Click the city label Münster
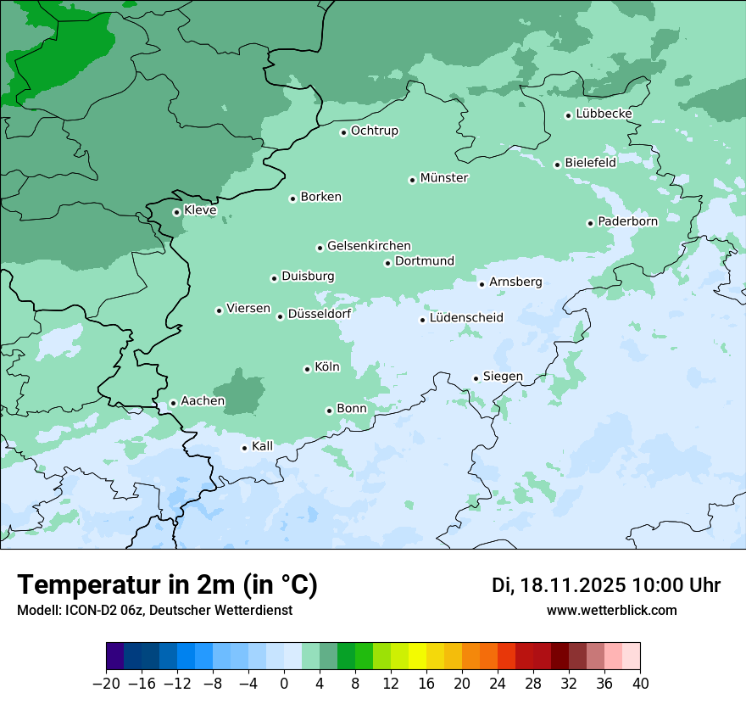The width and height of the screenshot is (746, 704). (444, 178)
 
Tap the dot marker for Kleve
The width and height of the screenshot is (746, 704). (176, 212)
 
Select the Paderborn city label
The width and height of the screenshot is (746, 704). (627, 221)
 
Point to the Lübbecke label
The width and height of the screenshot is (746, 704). (604, 114)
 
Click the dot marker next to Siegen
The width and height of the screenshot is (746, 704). (476, 378)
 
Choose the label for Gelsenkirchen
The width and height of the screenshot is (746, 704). (369, 246)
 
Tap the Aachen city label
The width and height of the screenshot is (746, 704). (203, 401)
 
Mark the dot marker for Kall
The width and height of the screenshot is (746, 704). (244, 448)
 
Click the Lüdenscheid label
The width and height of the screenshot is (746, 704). (466, 318)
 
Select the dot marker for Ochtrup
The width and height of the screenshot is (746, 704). (343, 132)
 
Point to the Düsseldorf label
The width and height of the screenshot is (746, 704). (320, 314)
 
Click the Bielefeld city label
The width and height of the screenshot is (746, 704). (590, 162)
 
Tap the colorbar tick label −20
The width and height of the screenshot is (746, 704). (106, 684)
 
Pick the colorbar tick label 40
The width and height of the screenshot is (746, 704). (640, 684)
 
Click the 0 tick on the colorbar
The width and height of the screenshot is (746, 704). (284, 684)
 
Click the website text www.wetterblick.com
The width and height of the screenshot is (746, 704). (611, 610)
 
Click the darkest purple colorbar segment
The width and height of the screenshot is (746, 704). (114, 657)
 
